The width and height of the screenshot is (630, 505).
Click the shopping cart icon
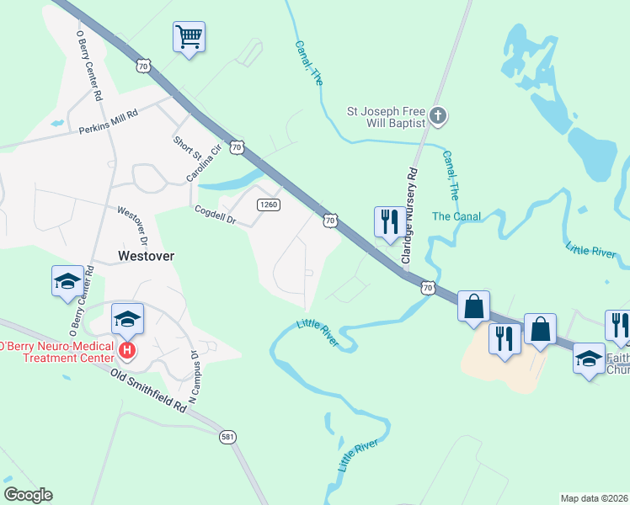pos(190,36)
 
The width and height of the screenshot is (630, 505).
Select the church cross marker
pos(436,115)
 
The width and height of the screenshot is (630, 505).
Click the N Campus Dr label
pos(193,376)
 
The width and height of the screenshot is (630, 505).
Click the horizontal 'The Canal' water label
pos(456,216)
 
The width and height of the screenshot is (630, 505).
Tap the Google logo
pos(28,494)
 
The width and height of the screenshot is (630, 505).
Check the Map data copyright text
pos(594,498)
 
